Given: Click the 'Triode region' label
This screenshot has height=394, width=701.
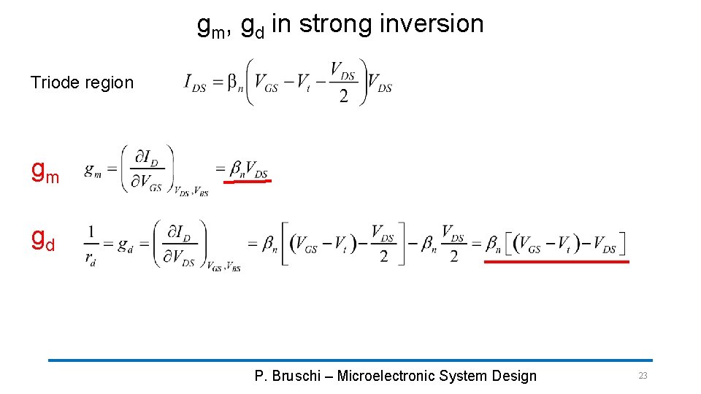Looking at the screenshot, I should click(82, 82).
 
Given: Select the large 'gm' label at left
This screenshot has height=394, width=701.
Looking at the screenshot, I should click(45, 171).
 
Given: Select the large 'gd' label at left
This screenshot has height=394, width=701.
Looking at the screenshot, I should click(42, 239).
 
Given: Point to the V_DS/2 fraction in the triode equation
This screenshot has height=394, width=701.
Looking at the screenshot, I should click(343, 82).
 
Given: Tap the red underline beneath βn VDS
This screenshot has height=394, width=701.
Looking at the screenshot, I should click(248, 181).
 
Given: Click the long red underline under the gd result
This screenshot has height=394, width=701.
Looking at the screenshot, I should click(556, 260).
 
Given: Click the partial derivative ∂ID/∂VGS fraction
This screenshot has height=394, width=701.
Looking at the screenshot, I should click(148, 169).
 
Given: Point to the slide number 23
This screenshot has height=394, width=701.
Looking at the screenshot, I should click(643, 376).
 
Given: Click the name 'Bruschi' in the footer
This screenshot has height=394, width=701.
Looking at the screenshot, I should click(296, 376).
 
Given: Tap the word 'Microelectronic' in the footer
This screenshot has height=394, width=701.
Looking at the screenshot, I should click(387, 376).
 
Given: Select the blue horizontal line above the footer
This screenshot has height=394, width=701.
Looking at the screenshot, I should click(350, 360).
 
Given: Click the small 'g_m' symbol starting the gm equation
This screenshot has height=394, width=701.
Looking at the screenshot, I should click(93, 170).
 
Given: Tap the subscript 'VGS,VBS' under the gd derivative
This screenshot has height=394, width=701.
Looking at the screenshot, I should click(223, 269).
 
